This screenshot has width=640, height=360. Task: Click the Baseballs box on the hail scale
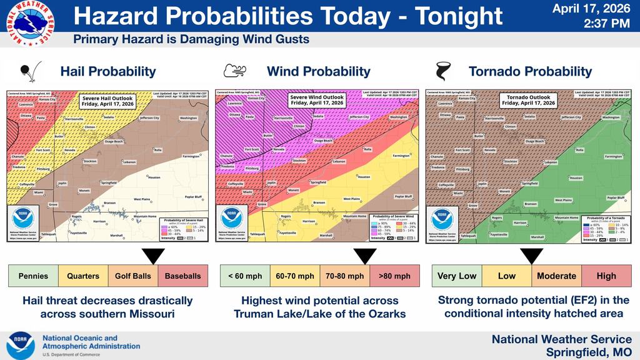[x=183, y=276]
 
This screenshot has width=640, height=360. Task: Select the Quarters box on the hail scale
[x=83, y=276]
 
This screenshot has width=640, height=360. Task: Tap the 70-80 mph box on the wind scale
[x=344, y=276]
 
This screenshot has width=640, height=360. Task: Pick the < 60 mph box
[x=245, y=276]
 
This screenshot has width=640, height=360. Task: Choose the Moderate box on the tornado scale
[x=556, y=276]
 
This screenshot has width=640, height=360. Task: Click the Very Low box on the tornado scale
[x=457, y=276]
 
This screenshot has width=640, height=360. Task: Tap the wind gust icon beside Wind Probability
[x=234, y=71]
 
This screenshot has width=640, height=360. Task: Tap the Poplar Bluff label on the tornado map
[x=616, y=197]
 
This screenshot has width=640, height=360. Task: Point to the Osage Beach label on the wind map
[x=323, y=141]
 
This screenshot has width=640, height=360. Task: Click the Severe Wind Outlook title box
[x=316, y=100]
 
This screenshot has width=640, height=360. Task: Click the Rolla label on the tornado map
[x=579, y=150]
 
